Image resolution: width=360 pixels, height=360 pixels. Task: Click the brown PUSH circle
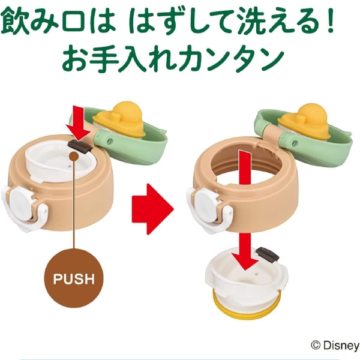click(74, 278)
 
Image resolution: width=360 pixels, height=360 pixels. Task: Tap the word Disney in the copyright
click(341, 345)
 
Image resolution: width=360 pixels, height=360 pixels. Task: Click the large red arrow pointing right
click(152, 209)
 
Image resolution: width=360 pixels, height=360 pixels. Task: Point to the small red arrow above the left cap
click(79, 123)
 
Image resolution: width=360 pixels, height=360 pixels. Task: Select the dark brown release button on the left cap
click(80, 147)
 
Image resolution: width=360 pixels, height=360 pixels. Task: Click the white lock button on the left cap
click(20, 200)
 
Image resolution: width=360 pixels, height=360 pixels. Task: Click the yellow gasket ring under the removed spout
click(247, 305)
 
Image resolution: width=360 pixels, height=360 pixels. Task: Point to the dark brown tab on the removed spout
click(268, 254)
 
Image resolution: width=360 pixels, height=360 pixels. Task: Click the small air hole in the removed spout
click(256, 274)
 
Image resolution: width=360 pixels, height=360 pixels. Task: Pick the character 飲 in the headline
click(15, 22)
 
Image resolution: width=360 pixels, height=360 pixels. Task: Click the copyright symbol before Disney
click(316, 345)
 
